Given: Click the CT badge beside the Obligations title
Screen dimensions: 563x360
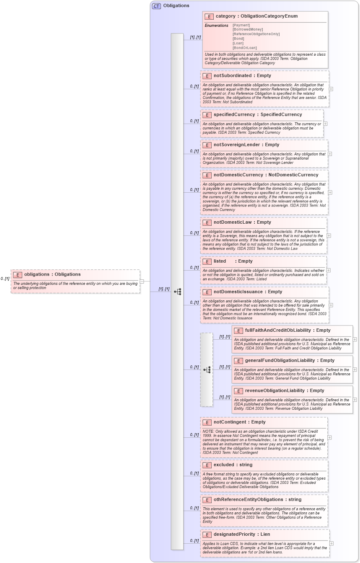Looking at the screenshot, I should [x=156, y=6].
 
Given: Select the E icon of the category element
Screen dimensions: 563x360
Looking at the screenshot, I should [x=209, y=16].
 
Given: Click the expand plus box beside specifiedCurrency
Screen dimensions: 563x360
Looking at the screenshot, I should [x=326, y=124].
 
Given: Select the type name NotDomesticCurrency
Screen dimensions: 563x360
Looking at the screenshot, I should [x=293, y=175].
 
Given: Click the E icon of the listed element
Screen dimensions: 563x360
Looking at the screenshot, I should [x=207, y=261].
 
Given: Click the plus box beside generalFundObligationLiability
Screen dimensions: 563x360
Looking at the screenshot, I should [x=355, y=369].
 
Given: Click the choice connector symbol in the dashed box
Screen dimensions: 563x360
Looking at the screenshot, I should [x=207, y=369].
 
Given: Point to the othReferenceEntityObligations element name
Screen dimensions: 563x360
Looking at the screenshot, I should [x=249, y=500].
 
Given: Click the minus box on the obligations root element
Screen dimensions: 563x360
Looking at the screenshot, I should [x=142, y=281].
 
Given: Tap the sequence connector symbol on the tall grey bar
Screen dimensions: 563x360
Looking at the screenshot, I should [x=177, y=292].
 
